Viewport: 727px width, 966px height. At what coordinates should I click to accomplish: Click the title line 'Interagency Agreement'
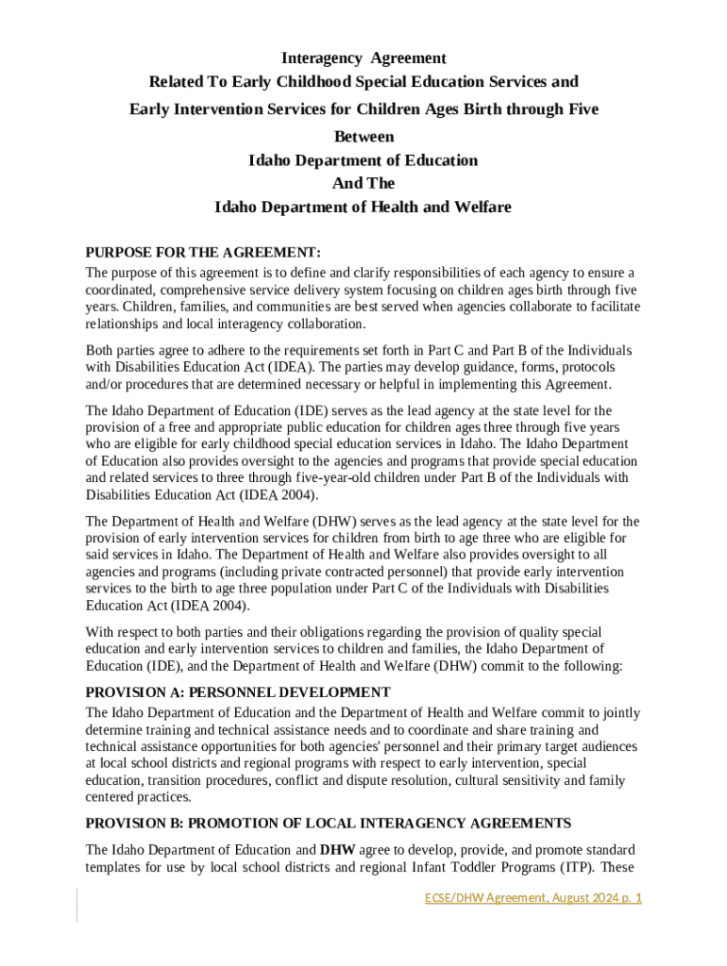click(x=363, y=58)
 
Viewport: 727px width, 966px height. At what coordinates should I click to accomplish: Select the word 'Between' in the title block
click(x=363, y=137)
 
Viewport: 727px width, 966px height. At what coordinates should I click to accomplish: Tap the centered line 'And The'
click(x=363, y=183)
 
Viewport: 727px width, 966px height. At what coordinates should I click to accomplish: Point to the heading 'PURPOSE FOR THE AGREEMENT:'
click(x=204, y=253)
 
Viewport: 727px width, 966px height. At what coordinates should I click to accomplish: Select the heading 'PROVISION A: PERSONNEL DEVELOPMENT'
click(x=238, y=692)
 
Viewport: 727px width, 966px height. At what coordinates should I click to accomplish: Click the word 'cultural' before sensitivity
click(x=482, y=780)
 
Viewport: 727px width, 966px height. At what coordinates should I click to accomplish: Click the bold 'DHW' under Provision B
click(x=337, y=849)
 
